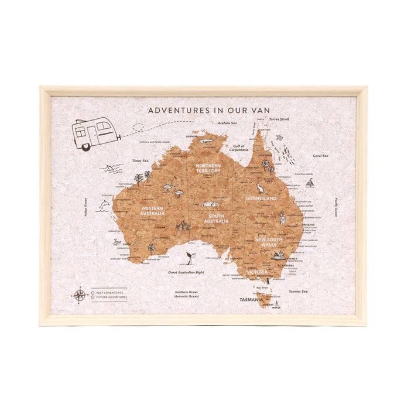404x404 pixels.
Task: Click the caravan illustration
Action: tap(96, 133)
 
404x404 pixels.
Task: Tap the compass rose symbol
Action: tap(79, 294)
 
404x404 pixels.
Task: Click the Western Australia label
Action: tap(151, 210)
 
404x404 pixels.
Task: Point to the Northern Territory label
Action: tap(208, 168)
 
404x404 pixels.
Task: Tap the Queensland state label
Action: tap(261, 198)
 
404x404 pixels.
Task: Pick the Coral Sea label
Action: tap(320, 156)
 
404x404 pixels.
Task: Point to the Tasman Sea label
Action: tap(299, 290)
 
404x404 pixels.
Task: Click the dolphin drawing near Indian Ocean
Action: tap(104, 205)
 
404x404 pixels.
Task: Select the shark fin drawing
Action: tap(111, 169)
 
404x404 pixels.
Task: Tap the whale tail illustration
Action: tap(189, 257)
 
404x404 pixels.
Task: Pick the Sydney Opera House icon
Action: tap(280, 256)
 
